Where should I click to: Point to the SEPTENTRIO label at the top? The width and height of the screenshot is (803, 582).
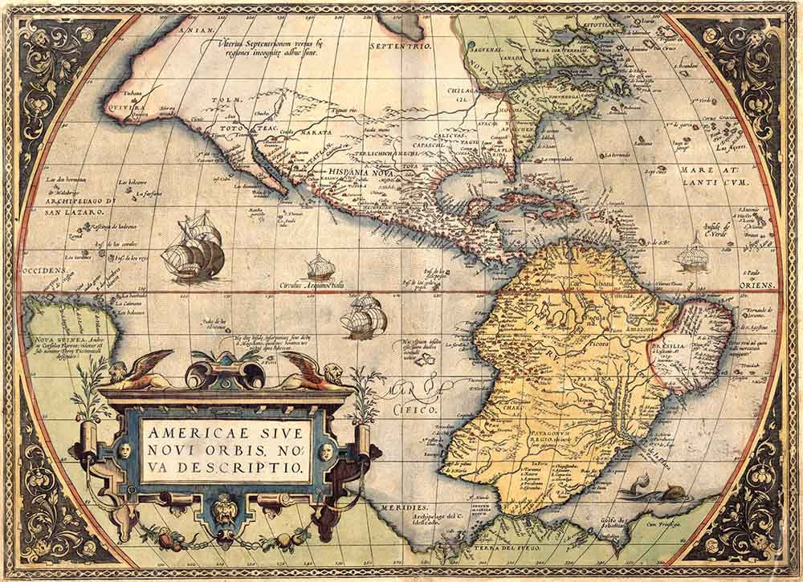click(x=401, y=47)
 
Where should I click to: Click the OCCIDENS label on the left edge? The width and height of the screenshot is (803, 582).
click(x=43, y=271)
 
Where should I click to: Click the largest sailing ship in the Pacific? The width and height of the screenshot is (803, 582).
click(x=193, y=250)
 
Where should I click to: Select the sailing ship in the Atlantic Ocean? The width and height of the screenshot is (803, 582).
click(x=691, y=255)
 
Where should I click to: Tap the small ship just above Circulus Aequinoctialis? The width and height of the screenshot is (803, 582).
click(x=320, y=267)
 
